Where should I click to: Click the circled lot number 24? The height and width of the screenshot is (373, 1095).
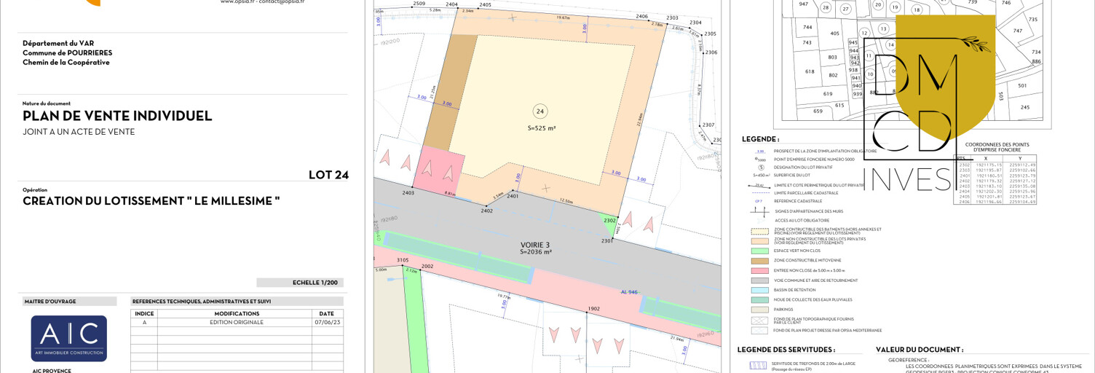click(539, 111)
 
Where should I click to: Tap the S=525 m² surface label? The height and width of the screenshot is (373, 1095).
click(541, 128)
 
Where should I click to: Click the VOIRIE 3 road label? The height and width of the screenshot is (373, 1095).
click(535, 245)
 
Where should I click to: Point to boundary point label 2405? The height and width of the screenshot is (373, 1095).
click(485, 5)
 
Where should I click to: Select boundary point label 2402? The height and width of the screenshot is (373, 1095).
click(486, 211)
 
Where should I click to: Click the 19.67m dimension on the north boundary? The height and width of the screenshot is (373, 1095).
click(563, 17)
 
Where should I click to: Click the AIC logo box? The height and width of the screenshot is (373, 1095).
click(69, 338)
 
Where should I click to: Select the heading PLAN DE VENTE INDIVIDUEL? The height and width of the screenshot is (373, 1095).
click(117, 116)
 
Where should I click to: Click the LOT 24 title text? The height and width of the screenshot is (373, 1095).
click(328, 175)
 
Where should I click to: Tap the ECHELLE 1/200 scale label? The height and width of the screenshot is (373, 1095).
click(299, 283)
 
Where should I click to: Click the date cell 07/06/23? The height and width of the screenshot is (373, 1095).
click(326, 322)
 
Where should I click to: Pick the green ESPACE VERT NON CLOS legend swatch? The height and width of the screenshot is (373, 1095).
click(761, 251)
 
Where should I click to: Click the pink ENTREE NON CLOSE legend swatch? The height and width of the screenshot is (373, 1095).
click(761, 270)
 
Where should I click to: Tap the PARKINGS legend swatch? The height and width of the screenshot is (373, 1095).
click(761, 310)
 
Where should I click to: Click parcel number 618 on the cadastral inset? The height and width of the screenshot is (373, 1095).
click(809, 71)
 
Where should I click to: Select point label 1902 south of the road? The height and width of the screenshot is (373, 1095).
click(594, 309)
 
